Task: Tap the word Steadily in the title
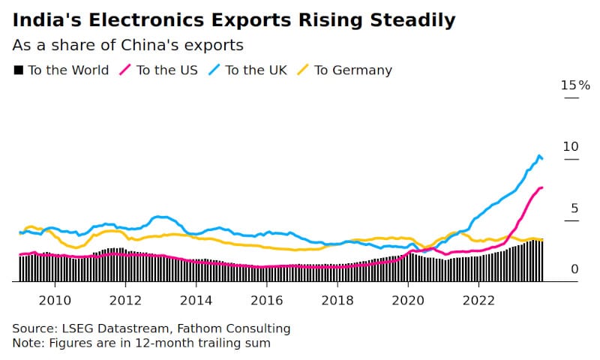413,21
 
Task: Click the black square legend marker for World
18,70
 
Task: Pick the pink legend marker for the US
125,70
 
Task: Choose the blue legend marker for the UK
214,70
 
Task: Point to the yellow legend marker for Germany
303,70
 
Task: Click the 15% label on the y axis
575,85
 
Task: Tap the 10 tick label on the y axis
571,146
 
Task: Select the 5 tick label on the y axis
574,208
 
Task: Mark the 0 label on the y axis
574,269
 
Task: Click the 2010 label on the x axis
55,300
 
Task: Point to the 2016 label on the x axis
267,300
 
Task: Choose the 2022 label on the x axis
478,300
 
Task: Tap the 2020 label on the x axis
408,300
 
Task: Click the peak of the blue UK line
539,155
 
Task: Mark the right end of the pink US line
542,187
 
